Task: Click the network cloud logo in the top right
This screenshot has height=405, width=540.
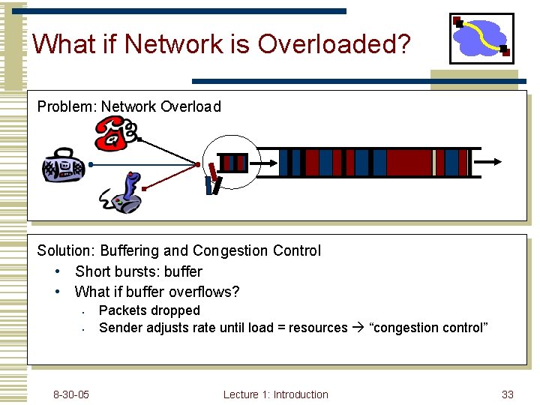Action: coord(481,39)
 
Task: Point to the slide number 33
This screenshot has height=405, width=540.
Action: coord(508,394)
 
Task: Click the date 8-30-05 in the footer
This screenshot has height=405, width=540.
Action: coord(71,394)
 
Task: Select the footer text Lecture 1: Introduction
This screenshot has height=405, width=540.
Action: coord(275,394)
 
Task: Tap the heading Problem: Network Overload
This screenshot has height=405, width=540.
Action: coord(129,106)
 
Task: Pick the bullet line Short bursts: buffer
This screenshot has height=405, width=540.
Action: coord(139,271)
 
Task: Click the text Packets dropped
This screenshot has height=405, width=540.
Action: coord(149,310)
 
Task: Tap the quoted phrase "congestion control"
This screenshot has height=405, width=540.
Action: coord(429,328)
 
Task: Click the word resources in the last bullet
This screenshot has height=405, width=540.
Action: coord(318,328)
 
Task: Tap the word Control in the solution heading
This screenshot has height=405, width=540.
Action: coord(297,250)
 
